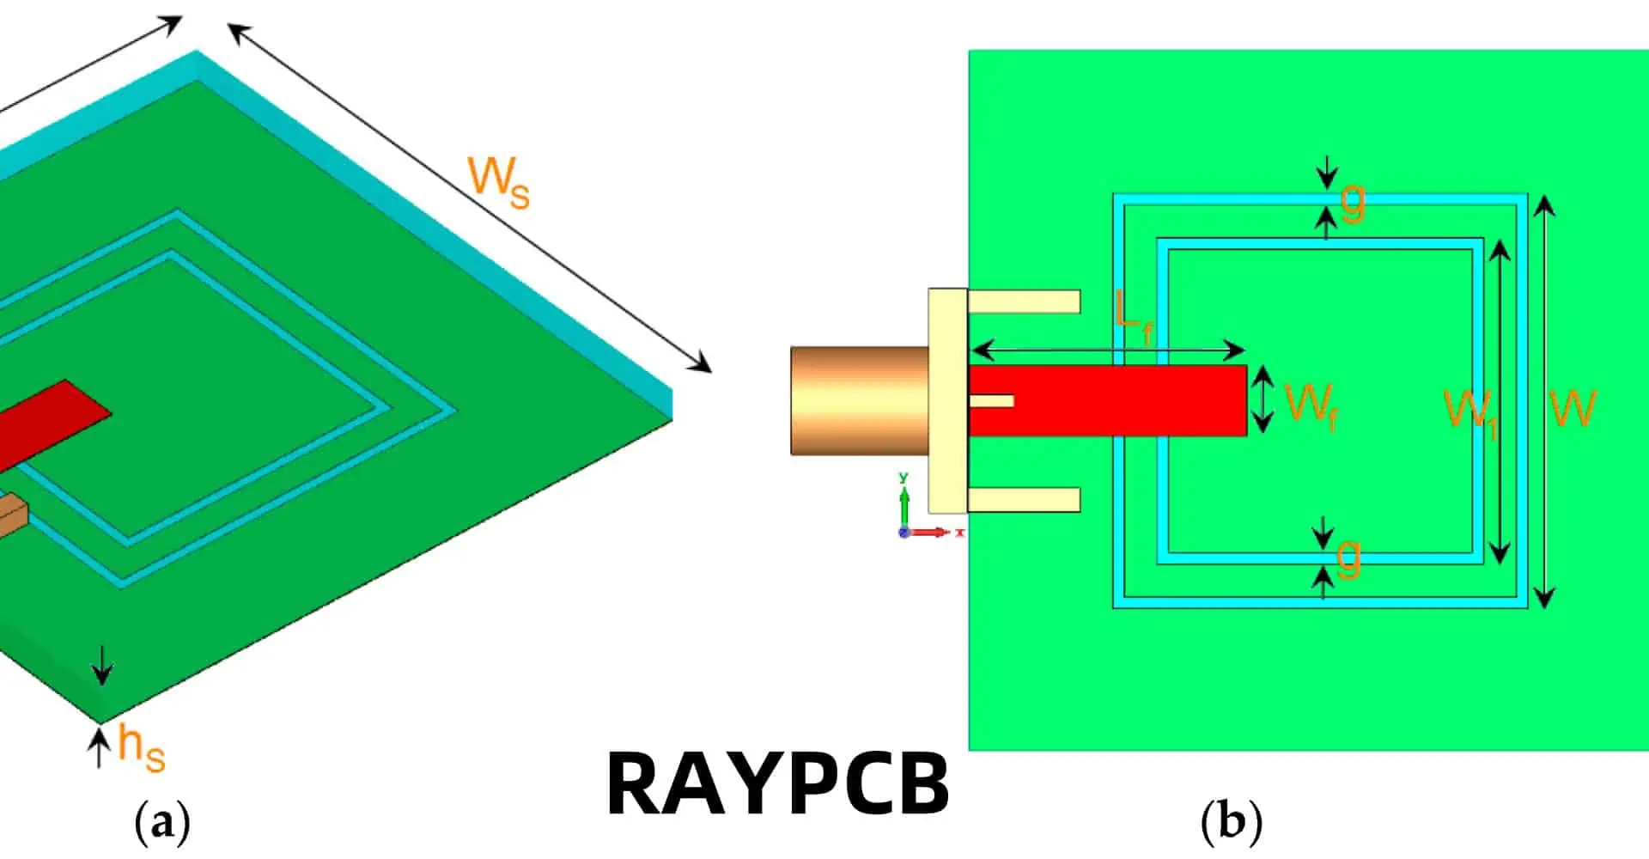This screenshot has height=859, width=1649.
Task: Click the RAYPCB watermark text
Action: click(777, 783)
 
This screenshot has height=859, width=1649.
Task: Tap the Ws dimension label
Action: click(498, 183)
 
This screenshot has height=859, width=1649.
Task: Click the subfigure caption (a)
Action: click(162, 822)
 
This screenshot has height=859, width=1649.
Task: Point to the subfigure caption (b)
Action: click(1231, 822)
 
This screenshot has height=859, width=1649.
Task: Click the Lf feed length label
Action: click(1133, 317)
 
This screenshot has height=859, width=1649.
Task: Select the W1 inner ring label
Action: click(1470, 411)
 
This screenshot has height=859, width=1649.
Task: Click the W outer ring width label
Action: click(1573, 408)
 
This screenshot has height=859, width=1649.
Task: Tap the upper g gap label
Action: click(1353, 202)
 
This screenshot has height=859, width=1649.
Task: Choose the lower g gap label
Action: click(1348, 558)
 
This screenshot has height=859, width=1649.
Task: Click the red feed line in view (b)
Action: click(1117, 400)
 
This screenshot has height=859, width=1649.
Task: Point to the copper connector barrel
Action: click(859, 400)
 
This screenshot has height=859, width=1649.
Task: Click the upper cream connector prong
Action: click(1024, 302)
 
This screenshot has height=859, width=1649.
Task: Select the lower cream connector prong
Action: click(1024, 499)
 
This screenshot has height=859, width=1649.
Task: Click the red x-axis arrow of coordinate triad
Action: click(932, 533)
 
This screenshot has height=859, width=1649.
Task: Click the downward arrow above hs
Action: click(102, 665)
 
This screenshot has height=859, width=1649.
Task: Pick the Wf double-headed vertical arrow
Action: click(1263, 399)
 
